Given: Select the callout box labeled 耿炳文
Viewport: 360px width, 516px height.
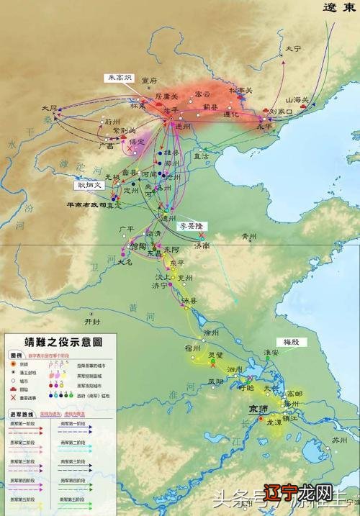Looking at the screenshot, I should tap(91, 185).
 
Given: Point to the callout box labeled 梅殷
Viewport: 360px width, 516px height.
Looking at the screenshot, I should tap(290, 341).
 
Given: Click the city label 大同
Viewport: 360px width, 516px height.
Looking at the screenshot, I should tap(49, 108).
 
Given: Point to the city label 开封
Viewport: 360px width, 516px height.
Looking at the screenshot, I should tap(93, 321).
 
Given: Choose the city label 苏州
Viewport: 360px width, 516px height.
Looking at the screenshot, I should tap(338, 439).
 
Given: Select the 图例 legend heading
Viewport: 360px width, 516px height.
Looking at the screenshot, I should tap(16, 356).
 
